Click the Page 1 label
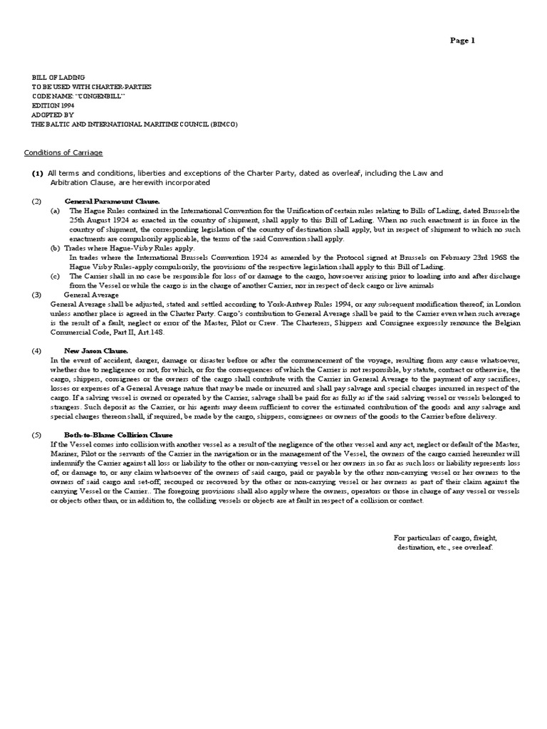(x=462, y=41)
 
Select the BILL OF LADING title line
(x=58, y=77)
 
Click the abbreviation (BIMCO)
(x=223, y=123)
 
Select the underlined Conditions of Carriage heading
(x=63, y=152)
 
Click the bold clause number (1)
(x=38, y=173)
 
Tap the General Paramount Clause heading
(x=112, y=201)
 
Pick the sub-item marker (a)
(x=55, y=211)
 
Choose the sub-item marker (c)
(x=55, y=276)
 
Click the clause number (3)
(x=37, y=294)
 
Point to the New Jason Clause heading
(x=96, y=350)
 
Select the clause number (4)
(x=37, y=350)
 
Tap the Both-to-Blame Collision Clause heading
(x=118, y=434)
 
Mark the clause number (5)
(x=37, y=434)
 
